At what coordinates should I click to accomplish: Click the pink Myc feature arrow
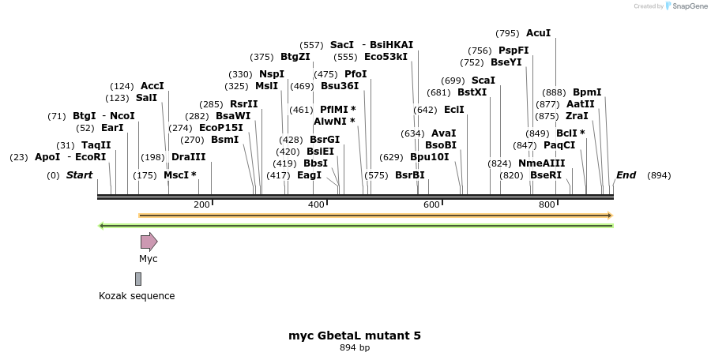tap(149, 242)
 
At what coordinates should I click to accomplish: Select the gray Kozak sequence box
tap(138, 279)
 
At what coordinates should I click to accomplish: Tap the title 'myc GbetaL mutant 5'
tap(355, 336)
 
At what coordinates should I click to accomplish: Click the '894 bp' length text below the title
tap(355, 347)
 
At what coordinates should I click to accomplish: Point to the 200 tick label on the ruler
tap(201, 204)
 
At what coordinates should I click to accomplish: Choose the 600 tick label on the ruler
tap(431, 204)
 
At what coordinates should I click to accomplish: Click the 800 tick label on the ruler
tap(547, 204)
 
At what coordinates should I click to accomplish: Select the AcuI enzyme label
tap(538, 33)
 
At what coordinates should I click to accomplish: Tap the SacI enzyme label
tap(342, 45)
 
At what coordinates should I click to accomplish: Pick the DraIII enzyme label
tap(188, 157)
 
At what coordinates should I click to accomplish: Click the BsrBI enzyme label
tap(409, 175)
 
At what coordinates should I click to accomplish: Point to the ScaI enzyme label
tap(483, 81)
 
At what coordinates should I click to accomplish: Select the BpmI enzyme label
tap(587, 92)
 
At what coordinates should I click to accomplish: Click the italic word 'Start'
tap(79, 175)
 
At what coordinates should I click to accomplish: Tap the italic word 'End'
tap(626, 175)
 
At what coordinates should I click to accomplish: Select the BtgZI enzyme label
tap(295, 57)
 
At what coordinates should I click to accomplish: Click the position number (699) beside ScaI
tap(453, 81)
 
